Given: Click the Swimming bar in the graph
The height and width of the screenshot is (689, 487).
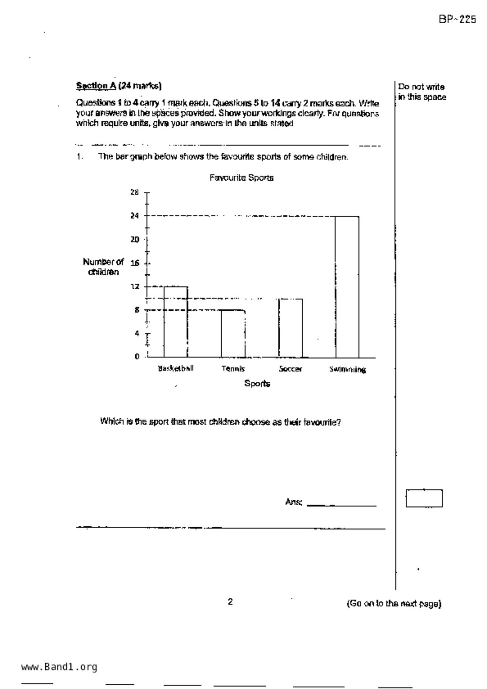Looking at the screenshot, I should [x=347, y=287].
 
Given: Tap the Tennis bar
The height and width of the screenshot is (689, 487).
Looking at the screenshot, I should [x=233, y=334].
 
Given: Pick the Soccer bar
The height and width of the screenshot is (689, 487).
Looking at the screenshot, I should [x=291, y=328].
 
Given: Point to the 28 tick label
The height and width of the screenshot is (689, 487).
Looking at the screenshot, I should [x=134, y=192].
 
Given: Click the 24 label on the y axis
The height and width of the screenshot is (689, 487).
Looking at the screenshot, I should [x=134, y=216].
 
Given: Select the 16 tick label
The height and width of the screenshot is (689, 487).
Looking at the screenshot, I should [x=134, y=263].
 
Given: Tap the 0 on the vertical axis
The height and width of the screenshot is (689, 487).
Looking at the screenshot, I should [x=137, y=357].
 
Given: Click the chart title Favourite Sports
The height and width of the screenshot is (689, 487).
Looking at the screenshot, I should [x=241, y=178].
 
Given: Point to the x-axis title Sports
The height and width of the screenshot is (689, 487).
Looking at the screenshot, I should [x=257, y=383].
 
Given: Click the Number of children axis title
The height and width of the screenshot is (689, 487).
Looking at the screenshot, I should [x=103, y=267].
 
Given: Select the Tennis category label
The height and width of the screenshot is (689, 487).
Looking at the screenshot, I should [x=233, y=369].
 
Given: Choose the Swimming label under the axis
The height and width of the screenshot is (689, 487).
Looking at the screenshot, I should [x=347, y=369].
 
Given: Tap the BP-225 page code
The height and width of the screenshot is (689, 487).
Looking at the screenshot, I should [x=457, y=19].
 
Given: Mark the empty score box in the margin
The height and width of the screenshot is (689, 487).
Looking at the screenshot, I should [x=424, y=498].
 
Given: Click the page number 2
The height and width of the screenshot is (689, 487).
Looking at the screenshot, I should [x=230, y=602].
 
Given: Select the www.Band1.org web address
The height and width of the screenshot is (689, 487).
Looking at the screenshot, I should [x=59, y=667].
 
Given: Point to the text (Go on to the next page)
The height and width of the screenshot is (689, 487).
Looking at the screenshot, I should [x=394, y=604].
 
